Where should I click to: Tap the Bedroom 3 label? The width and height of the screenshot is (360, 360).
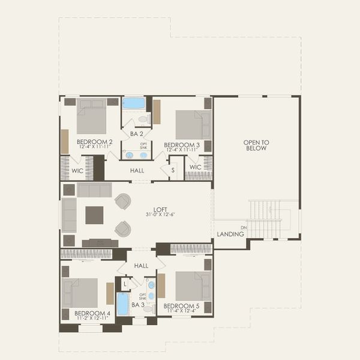click(x=181, y=145)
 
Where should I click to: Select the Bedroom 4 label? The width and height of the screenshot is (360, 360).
click(x=92, y=313)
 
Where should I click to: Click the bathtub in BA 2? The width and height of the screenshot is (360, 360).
click(x=134, y=103)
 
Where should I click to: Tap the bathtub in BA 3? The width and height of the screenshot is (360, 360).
click(x=123, y=304)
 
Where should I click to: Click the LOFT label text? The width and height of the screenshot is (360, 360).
click(x=160, y=209)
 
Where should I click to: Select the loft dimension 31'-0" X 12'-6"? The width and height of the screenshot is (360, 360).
click(x=160, y=215)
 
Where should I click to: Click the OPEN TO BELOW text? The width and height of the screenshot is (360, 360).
click(x=256, y=145)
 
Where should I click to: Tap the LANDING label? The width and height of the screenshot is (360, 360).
click(x=230, y=234)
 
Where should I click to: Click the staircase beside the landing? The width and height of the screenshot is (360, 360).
click(x=264, y=218)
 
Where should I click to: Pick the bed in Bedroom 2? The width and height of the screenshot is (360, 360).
click(x=91, y=116)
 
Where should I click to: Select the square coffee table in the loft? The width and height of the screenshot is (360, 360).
click(x=94, y=215)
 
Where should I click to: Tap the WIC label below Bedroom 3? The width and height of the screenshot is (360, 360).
click(x=195, y=167)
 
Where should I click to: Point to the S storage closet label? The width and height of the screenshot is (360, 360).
click(x=173, y=170)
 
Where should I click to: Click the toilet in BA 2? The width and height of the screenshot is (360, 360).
click(x=143, y=119)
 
